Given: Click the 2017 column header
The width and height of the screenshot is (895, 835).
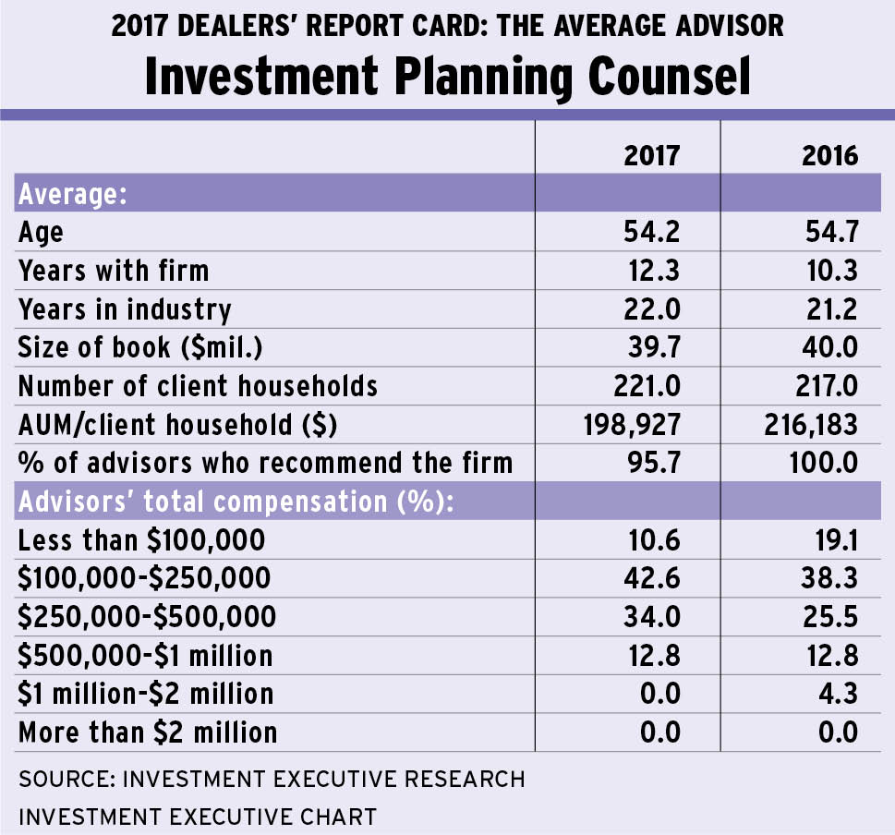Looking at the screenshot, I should [651, 154].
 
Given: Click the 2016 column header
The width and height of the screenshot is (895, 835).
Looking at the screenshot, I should [829, 154].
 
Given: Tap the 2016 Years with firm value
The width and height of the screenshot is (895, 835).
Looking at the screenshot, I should [829, 270].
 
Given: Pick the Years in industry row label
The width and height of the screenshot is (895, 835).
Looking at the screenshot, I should [125, 309].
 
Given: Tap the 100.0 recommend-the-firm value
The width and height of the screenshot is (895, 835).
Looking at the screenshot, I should [822, 461].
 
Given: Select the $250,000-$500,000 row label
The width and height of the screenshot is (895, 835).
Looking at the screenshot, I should [144, 616].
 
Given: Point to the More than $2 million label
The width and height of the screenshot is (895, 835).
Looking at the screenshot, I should [148, 732].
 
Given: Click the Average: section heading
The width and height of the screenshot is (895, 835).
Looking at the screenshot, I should [72, 194].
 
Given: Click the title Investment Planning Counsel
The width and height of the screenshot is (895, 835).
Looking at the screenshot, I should [447, 78].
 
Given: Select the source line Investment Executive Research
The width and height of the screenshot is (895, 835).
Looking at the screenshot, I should [272, 779].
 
